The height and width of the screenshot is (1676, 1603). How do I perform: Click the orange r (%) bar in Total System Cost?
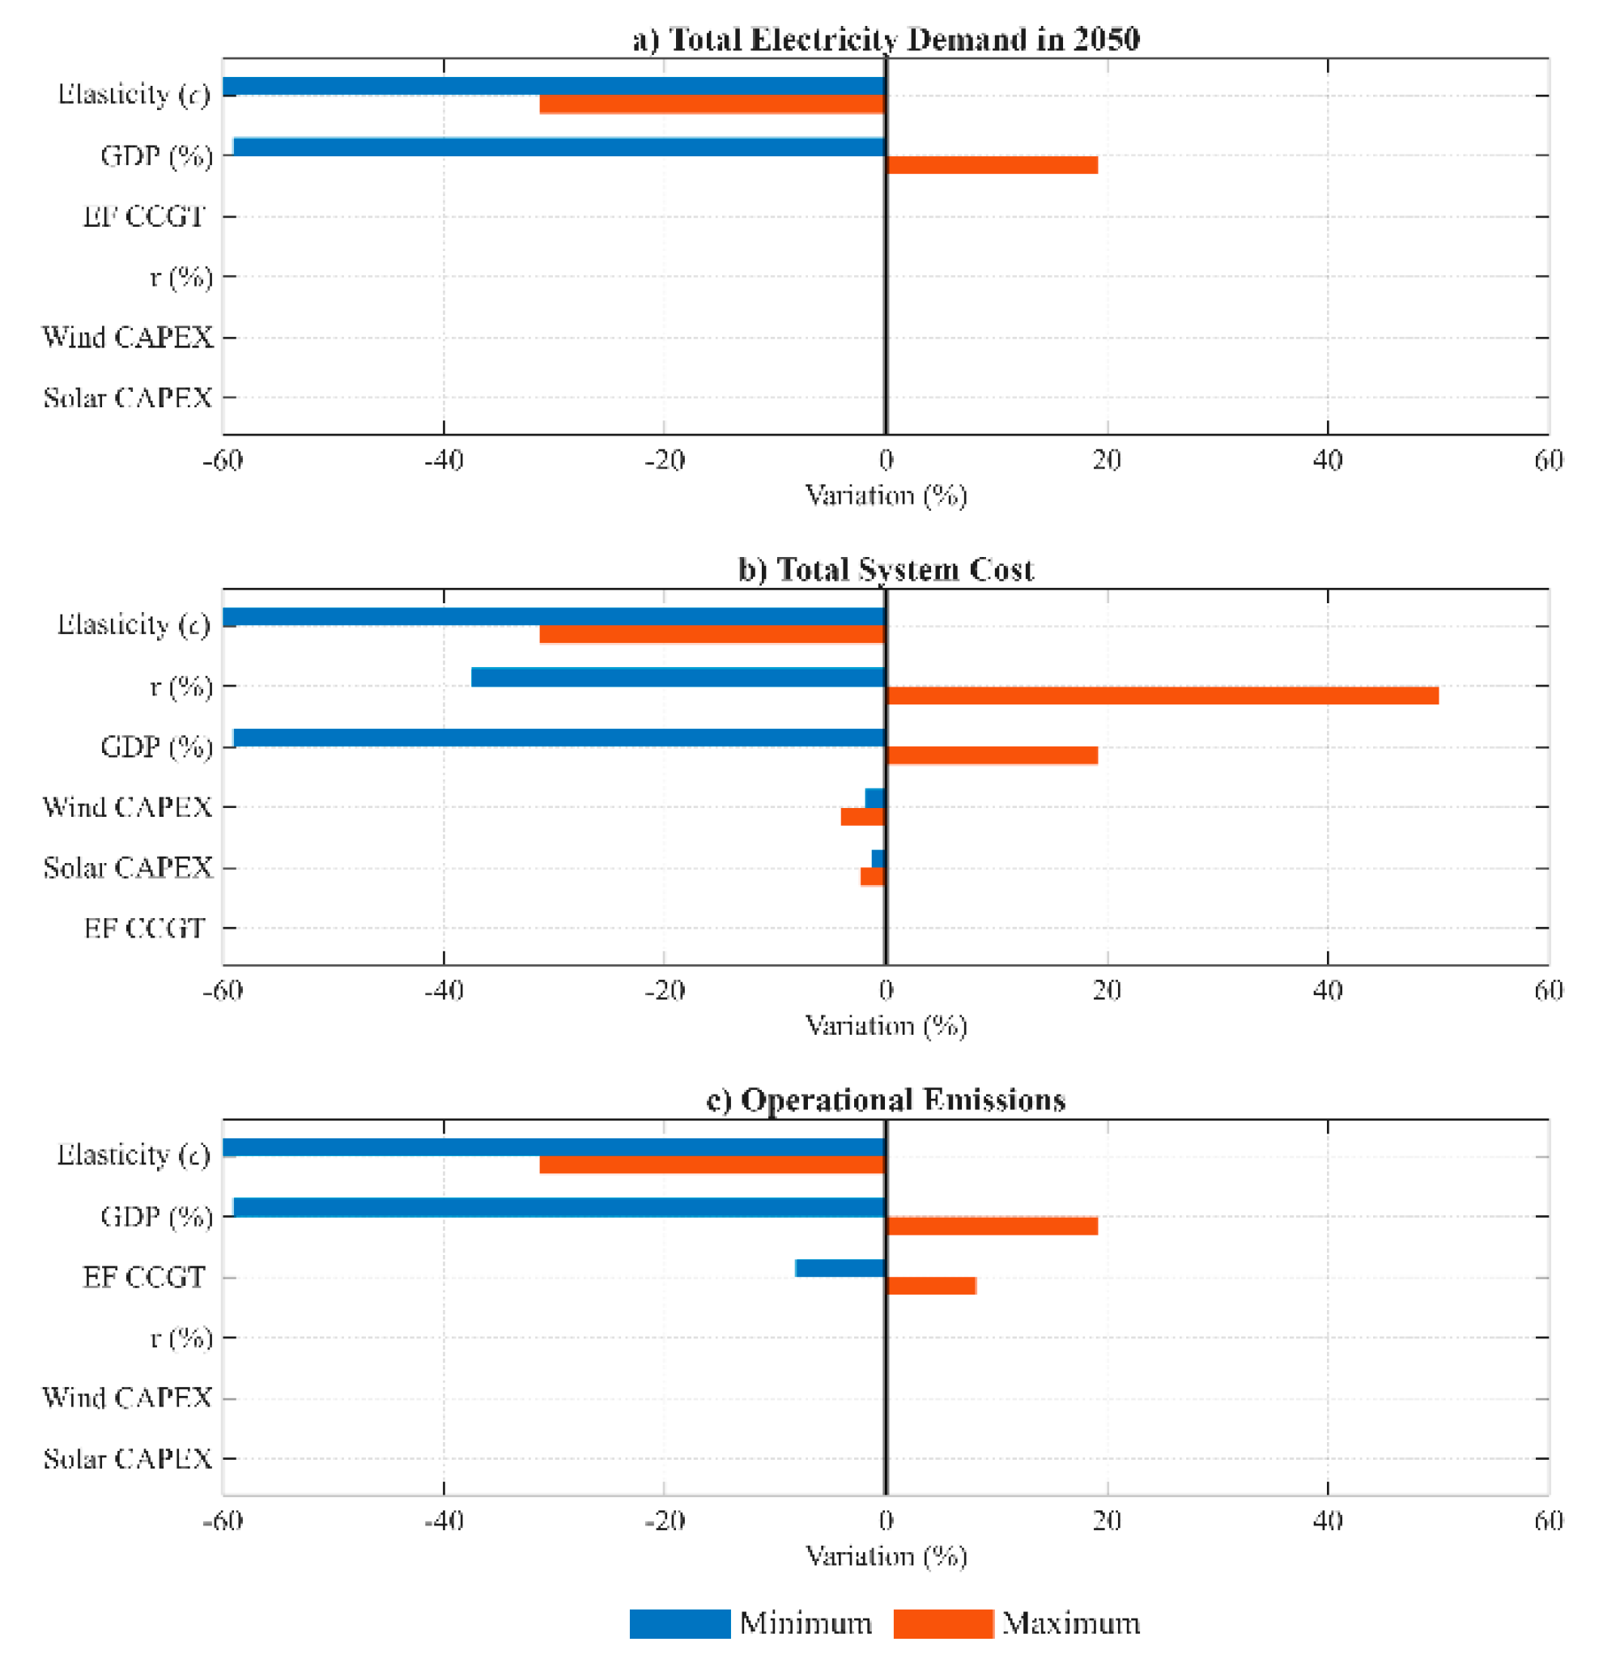(1162, 695)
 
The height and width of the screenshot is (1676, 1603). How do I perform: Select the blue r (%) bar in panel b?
(678, 678)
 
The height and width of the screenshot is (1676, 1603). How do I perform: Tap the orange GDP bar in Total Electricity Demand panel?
(992, 165)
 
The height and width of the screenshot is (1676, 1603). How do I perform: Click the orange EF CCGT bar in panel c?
(931, 1287)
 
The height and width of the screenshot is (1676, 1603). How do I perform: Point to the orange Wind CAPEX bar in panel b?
(864, 816)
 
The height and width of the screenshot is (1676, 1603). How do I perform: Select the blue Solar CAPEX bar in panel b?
(879, 859)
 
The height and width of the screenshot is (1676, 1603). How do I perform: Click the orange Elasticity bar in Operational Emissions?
(712, 1165)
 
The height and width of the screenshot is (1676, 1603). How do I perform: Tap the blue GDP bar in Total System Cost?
(559, 738)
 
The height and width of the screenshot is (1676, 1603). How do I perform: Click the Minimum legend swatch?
(680, 1623)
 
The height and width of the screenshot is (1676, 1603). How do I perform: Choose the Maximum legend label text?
(1070, 1623)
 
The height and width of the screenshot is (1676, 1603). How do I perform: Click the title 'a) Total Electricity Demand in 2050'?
(886, 40)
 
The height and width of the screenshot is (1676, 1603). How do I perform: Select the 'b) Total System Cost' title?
(886, 569)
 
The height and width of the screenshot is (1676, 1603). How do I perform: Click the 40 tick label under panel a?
(1328, 461)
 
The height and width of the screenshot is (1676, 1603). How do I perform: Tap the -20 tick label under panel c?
(665, 1521)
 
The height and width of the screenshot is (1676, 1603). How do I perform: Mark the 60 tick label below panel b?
(1548, 990)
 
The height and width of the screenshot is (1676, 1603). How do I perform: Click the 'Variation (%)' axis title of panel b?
(886, 1025)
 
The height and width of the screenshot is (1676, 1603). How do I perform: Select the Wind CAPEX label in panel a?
(127, 338)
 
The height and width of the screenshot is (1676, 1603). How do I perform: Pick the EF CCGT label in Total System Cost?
(144, 928)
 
